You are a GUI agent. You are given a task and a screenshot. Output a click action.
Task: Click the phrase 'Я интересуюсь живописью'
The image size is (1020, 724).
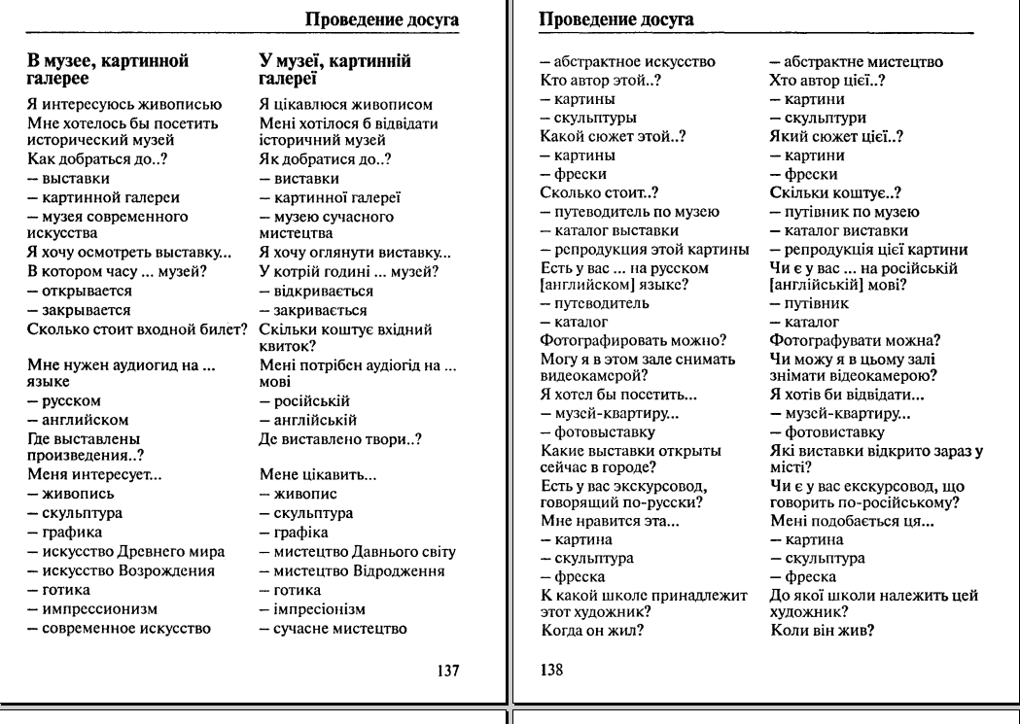coord(124,105)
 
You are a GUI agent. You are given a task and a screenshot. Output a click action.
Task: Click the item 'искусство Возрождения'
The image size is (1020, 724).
coord(120,570)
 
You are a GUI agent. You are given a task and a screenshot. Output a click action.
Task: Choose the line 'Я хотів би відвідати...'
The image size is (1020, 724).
coord(835,395)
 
